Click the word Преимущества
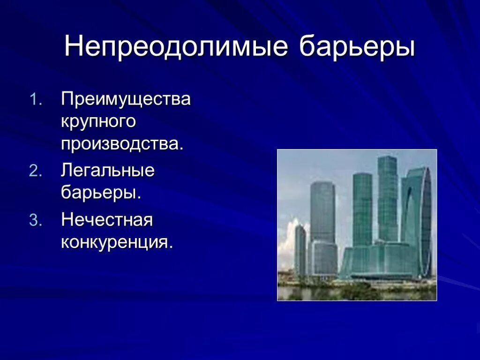coord(126,99)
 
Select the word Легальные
coord(108,171)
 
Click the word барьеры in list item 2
coord(101,193)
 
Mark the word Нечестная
coord(107,220)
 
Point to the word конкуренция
coord(117,242)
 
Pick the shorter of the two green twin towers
coord(362,209)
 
